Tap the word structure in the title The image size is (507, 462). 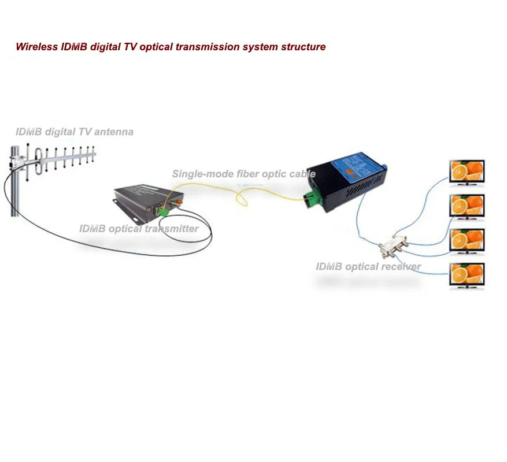[x=304, y=47]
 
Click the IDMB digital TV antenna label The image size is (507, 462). [x=74, y=132]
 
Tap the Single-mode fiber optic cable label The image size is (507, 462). [x=243, y=174]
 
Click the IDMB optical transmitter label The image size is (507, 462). [x=139, y=229]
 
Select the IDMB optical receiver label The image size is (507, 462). [x=368, y=267]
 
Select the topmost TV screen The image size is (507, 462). [x=467, y=172]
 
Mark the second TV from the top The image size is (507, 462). [x=467, y=206]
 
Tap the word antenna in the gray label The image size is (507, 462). [x=116, y=132]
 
